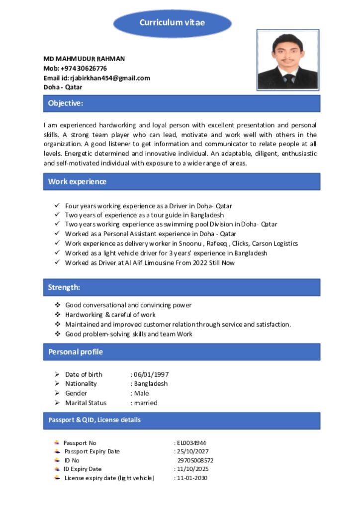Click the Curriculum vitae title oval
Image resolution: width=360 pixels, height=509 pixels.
pos(172,23)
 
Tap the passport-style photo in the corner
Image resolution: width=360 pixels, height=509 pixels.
pos(287,60)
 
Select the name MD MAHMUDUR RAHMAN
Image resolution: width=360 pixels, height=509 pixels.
pos(84,59)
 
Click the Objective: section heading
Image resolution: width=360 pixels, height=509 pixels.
pos(66,103)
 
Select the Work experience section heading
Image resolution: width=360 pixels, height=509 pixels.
pos(77,181)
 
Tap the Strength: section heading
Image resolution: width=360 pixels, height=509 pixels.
pos(64,287)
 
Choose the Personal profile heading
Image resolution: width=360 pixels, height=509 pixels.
pos(76,352)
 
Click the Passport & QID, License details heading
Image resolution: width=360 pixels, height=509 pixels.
pos(94,420)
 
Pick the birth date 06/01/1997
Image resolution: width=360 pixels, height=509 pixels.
pos(151,374)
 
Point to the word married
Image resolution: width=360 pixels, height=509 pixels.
pos(145,403)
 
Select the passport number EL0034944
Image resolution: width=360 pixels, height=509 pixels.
pos(191,442)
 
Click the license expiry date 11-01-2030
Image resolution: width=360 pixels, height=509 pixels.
pos(192,478)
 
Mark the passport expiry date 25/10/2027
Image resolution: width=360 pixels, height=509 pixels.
pos(192,451)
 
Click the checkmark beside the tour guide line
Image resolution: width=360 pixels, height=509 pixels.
pos(57,215)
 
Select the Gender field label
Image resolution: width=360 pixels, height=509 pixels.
pos(76,393)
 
